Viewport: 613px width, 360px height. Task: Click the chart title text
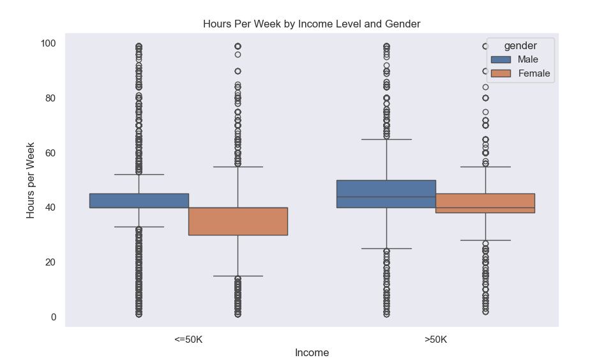point(312,24)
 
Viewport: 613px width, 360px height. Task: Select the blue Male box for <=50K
point(139,200)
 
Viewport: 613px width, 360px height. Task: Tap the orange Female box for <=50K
point(238,221)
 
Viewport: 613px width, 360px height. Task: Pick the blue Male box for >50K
point(386,194)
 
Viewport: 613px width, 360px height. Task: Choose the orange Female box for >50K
point(485,203)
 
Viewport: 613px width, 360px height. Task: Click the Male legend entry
point(527,59)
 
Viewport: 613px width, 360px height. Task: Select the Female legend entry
point(533,74)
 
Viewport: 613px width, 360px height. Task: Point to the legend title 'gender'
point(519,45)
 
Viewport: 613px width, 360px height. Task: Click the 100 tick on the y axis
point(49,43)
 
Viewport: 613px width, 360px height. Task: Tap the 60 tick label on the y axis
point(51,153)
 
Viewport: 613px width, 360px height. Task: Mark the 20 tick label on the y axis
point(51,262)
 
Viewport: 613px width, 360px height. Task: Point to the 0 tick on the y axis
point(54,317)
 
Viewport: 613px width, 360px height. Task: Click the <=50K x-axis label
point(188,340)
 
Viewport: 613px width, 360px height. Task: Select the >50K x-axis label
point(435,340)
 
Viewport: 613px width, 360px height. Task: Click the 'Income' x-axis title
point(312,352)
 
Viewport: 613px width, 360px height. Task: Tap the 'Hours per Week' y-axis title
point(31,181)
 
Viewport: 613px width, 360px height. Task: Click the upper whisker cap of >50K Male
point(386,139)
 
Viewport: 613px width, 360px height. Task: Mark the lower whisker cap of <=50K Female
point(238,276)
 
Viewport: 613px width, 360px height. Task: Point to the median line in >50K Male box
point(386,197)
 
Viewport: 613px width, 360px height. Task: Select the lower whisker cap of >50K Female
point(485,240)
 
